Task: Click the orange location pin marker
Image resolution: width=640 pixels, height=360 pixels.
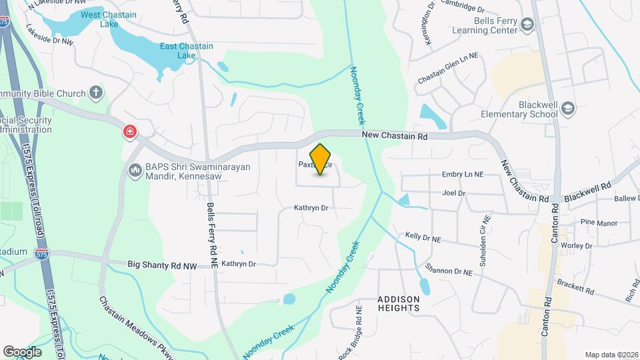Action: (x=321, y=159)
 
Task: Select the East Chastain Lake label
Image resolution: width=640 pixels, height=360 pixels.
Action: (x=186, y=50)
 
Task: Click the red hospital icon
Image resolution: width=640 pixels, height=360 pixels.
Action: (x=129, y=132)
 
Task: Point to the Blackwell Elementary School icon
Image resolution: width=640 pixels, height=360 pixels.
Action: (x=567, y=108)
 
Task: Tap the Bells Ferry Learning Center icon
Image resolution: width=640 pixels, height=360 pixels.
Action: (x=528, y=25)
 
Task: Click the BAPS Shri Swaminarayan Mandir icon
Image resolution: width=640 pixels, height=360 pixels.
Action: (x=135, y=171)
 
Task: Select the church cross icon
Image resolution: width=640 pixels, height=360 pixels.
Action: (x=97, y=92)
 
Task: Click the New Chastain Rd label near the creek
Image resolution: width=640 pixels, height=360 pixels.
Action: (x=395, y=136)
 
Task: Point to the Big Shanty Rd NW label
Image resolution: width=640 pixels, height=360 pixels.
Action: (x=162, y=265)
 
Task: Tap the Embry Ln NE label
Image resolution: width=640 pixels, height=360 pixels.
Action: (x=463, y=175)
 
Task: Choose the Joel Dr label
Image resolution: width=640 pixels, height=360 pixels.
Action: (x=453, y=193)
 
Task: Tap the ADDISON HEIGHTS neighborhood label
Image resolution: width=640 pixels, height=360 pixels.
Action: (x=399, y=303)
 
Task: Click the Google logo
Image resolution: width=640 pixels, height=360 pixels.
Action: (x=22, y=351)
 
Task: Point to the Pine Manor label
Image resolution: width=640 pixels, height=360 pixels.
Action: (x=599, y=223)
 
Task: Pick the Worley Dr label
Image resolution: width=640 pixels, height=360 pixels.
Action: (x=576, y=246)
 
